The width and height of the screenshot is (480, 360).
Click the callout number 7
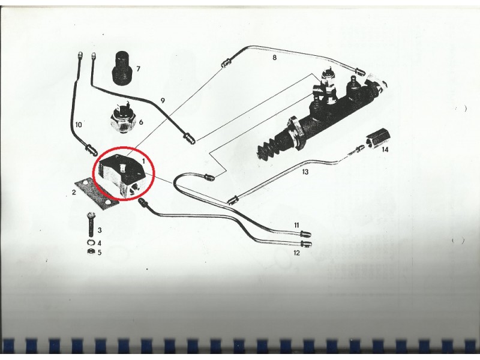(x=138, y=69)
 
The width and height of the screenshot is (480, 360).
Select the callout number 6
(x=141, y=122)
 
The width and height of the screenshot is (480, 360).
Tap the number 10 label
(x=79, y=125)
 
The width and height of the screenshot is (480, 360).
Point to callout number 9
(x=163, y=100)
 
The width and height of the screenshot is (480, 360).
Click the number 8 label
(x=274, y=57)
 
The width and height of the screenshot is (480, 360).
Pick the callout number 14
(x=385, y=149)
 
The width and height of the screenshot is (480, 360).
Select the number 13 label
(x=305, y=172)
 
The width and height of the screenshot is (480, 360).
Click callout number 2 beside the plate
(x=74, y=192)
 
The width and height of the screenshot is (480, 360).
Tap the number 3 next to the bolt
(x=100, y=230)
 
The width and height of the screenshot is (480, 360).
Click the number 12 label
(x=296, y=253)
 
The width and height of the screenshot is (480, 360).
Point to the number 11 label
(x=296, y=226)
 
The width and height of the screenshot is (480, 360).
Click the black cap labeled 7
(x=122, y=69)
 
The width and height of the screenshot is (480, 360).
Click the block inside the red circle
(x=122, y=175)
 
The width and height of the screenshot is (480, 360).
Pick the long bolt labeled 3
(x=92, y=224)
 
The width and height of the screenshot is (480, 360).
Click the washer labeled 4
(x=91, y=243)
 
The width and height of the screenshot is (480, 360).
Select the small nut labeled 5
(x=91, y=252)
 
